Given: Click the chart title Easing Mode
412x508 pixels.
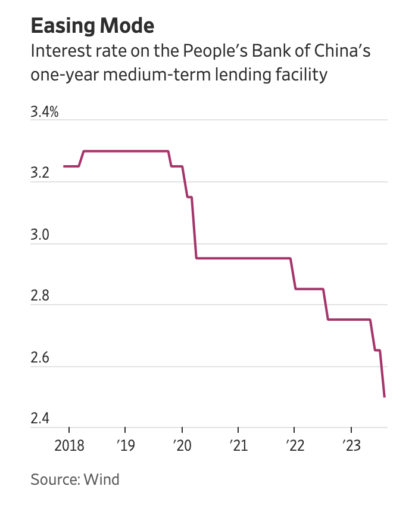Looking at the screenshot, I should pyautogui.click(x=92, y=26).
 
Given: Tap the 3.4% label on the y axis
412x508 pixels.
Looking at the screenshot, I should pyautogui.click(x=45, y=111).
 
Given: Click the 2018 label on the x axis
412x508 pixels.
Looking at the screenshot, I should pyautogui.click(x=68, y=446).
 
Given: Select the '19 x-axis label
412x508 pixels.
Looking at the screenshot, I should pyautogui.click(x=125, y=446).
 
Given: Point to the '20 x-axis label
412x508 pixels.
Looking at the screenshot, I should pyautogui.click(x=182, y=446).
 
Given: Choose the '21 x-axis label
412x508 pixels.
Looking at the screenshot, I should pyautogui.click(x=238, y=446).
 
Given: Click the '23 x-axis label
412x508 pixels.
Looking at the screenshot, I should pyautogui.click(x=351, y=446).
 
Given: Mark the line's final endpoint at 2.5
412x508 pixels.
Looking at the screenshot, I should pyautogui.click(x=385, y=397).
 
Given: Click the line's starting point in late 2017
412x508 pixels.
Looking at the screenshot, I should pyautogui.click(x=64, y=166).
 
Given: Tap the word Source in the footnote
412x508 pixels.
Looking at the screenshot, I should pyautogui.click(x=52, y=479).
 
